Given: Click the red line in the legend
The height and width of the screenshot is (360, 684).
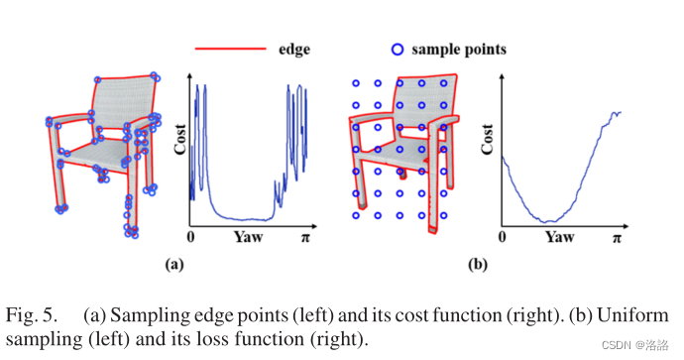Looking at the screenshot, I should (230, 47).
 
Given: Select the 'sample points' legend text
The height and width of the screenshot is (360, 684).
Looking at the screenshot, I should (459, 47).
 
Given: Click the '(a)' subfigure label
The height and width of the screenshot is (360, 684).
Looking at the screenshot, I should (172, 265).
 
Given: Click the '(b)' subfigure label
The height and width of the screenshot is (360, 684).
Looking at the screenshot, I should (478, 265).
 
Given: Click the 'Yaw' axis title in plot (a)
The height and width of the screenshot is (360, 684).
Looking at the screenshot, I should (249, 238).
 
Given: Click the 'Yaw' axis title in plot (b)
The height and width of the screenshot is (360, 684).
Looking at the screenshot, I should (560, 238).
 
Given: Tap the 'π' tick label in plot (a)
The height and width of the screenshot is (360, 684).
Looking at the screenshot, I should (306, 238).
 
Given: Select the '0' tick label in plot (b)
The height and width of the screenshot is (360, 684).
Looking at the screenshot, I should (503, 238).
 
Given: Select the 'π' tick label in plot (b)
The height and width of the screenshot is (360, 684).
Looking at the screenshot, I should (618, 238).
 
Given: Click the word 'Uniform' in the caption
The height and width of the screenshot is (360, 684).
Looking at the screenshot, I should (640, 316).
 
